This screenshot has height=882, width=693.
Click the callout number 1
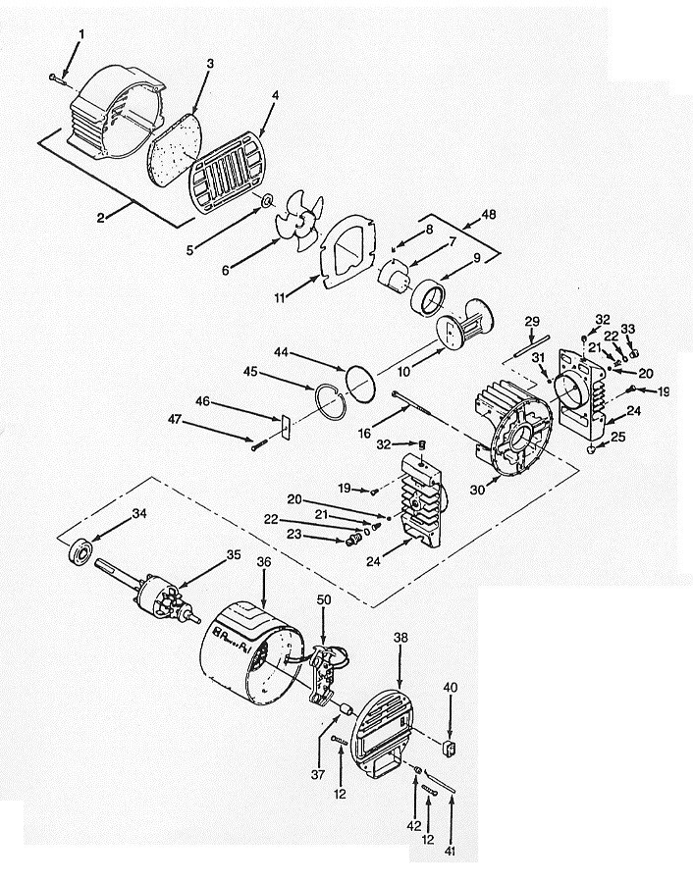click(x=81, y=34)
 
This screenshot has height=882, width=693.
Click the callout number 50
click(x=323, y=598)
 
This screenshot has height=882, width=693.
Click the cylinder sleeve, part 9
click(x=429, y=294)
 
